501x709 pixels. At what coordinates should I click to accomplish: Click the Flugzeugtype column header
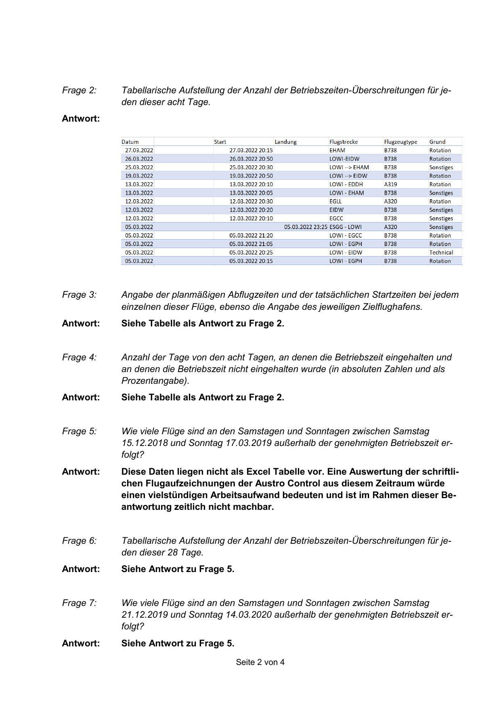click(400, 142)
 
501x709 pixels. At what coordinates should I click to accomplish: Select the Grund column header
click(437, 142)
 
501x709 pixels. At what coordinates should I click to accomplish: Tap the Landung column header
click(285, 142)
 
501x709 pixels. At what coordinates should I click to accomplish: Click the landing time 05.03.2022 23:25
click(306, 227)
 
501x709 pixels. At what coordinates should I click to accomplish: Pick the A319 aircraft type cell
click(390, 184)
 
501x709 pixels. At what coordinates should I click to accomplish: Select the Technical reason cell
click(441, 252)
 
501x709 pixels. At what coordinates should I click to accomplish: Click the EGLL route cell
click(335, 201)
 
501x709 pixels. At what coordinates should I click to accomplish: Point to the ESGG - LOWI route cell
click(346, 227)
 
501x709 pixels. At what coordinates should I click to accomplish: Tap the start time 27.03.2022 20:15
click(251, 150)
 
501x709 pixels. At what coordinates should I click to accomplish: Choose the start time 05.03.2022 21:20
click(251, 236)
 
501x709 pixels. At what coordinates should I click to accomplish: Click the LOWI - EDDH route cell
click(346, 184)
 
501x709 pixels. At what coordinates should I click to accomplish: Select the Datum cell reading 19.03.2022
click(139, 176)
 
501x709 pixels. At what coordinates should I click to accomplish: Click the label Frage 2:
click(79, 90)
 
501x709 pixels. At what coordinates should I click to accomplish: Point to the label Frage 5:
click(79, 431)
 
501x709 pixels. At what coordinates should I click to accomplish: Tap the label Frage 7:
click(79, 603)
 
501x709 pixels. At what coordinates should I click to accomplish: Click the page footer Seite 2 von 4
click(260, 662)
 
